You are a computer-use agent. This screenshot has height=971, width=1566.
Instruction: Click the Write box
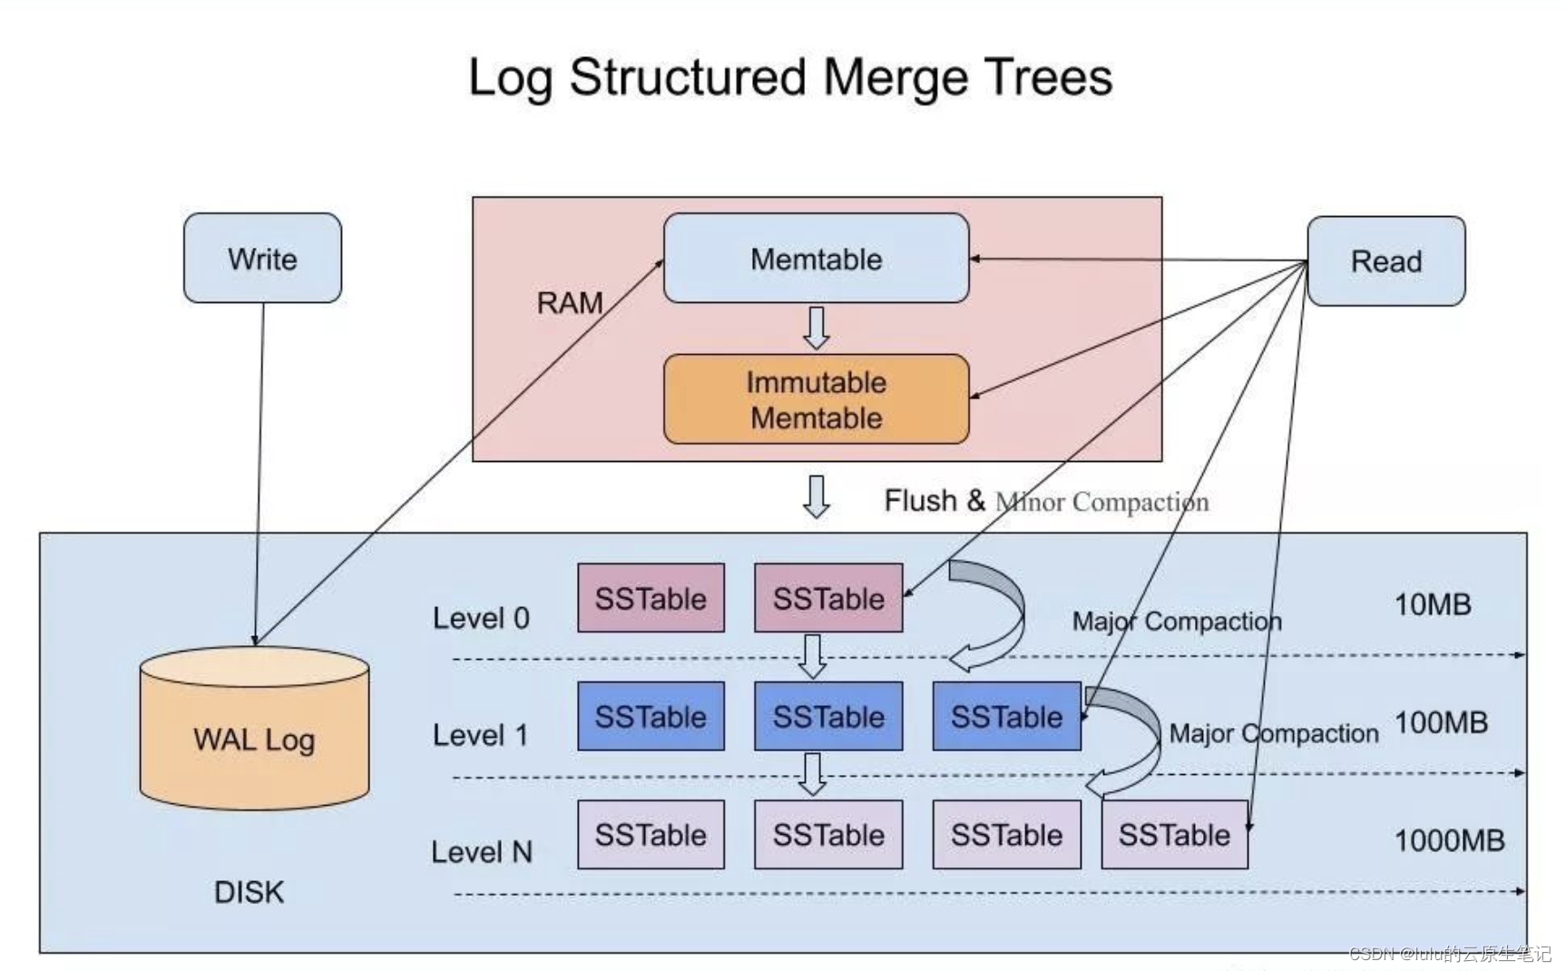point(262,258)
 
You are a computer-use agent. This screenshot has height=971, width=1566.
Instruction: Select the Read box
point(1385,260)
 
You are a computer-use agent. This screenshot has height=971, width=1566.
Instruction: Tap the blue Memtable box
point(816,258)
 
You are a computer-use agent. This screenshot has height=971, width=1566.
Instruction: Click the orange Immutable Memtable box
point(816,399)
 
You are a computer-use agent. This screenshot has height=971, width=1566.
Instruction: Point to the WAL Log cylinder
point(254,728)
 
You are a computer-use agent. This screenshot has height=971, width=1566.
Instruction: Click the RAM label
point(570,303)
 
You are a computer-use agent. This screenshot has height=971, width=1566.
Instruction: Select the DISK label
point(249,892)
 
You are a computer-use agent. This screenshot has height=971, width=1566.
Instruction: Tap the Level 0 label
point(481,618)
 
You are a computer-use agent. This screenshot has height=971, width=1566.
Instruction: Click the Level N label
point(481,852)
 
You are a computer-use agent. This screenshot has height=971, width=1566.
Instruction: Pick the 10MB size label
point(1433,604)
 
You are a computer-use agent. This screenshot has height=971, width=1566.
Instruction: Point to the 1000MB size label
point(1449,840)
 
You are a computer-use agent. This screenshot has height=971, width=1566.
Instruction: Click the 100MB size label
point(1441,722)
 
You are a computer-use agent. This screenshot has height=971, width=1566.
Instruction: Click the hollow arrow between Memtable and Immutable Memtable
point(816,328)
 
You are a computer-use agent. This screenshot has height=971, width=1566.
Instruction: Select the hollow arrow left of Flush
point(816,496)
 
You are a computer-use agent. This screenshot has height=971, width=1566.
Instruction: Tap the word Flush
point(920,500)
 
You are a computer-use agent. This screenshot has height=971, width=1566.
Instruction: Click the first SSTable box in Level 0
point(651,597)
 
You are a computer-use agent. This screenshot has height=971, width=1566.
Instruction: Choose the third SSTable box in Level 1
point(1006,716)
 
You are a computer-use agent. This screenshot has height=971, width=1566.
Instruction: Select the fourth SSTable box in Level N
point(1174,834)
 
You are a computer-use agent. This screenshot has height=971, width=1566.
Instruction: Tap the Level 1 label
point(480,735)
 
